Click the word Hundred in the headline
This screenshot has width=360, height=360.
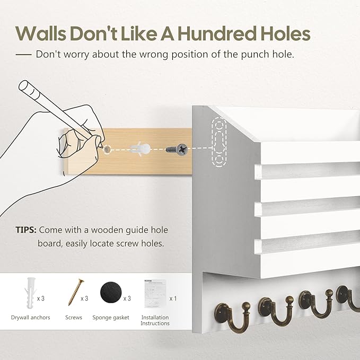click(x=217, y=34)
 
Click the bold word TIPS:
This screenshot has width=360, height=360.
click(x=26, y=230)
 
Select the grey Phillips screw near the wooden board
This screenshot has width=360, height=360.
click(x=177, y=150)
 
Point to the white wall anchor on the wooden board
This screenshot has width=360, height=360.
click(x=140, y=149)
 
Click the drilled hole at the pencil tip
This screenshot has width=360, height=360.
click(x=107, y=150)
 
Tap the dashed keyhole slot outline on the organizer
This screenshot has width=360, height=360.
click(x=219, y=142)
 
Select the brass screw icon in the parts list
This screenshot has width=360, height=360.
click(x=76, y=292)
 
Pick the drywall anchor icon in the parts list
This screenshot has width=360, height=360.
click(x=30, y=293)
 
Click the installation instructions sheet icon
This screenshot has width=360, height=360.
click(x=155, y=294)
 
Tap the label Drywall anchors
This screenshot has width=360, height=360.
click(x=31, y=318)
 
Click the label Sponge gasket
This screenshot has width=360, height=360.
click(x=111, y=318)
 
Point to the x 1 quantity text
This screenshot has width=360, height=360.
click(x=173, y=298)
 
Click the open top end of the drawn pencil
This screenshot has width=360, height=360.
click(x=23, y=86)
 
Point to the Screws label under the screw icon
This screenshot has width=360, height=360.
click(x=74, y=318)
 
